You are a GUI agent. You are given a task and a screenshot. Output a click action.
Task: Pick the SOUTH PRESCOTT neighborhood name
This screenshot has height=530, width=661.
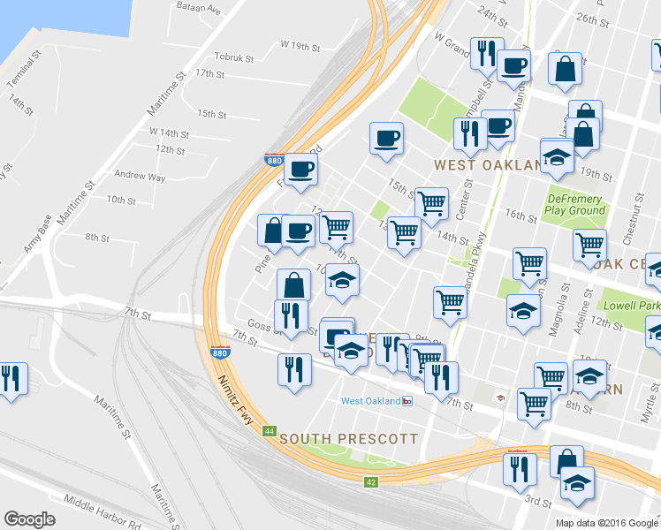tap(348, 438)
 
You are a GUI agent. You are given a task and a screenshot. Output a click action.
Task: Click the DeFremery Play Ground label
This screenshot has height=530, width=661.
tap(574, 205)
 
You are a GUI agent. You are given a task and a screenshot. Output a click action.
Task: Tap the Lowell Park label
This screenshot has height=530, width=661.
tap(630, 305)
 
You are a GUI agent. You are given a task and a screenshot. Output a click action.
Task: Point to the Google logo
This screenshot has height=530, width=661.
tap(30, 519)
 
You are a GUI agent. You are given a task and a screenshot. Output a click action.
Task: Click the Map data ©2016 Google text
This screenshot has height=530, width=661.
tap(607, 522)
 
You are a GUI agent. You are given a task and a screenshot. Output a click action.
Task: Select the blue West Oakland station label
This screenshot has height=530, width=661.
tap(370, 401)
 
